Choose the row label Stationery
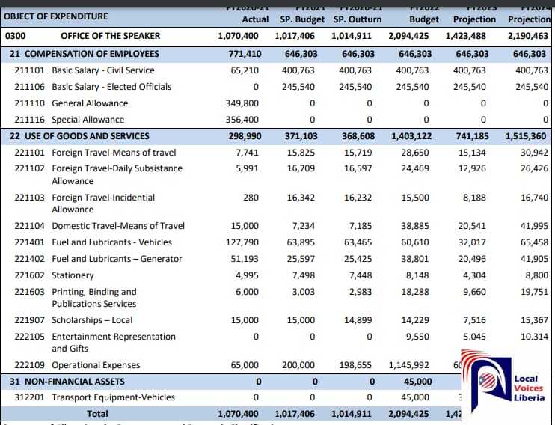coord(73,275)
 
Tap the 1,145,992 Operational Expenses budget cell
coord(408,365)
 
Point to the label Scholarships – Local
coord(92,320)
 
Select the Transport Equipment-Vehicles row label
coord(113,397)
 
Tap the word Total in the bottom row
coord(97,413)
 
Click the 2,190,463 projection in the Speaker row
coord(528,36)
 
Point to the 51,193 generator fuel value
coord(244,259)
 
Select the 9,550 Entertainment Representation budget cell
coord(417,337)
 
